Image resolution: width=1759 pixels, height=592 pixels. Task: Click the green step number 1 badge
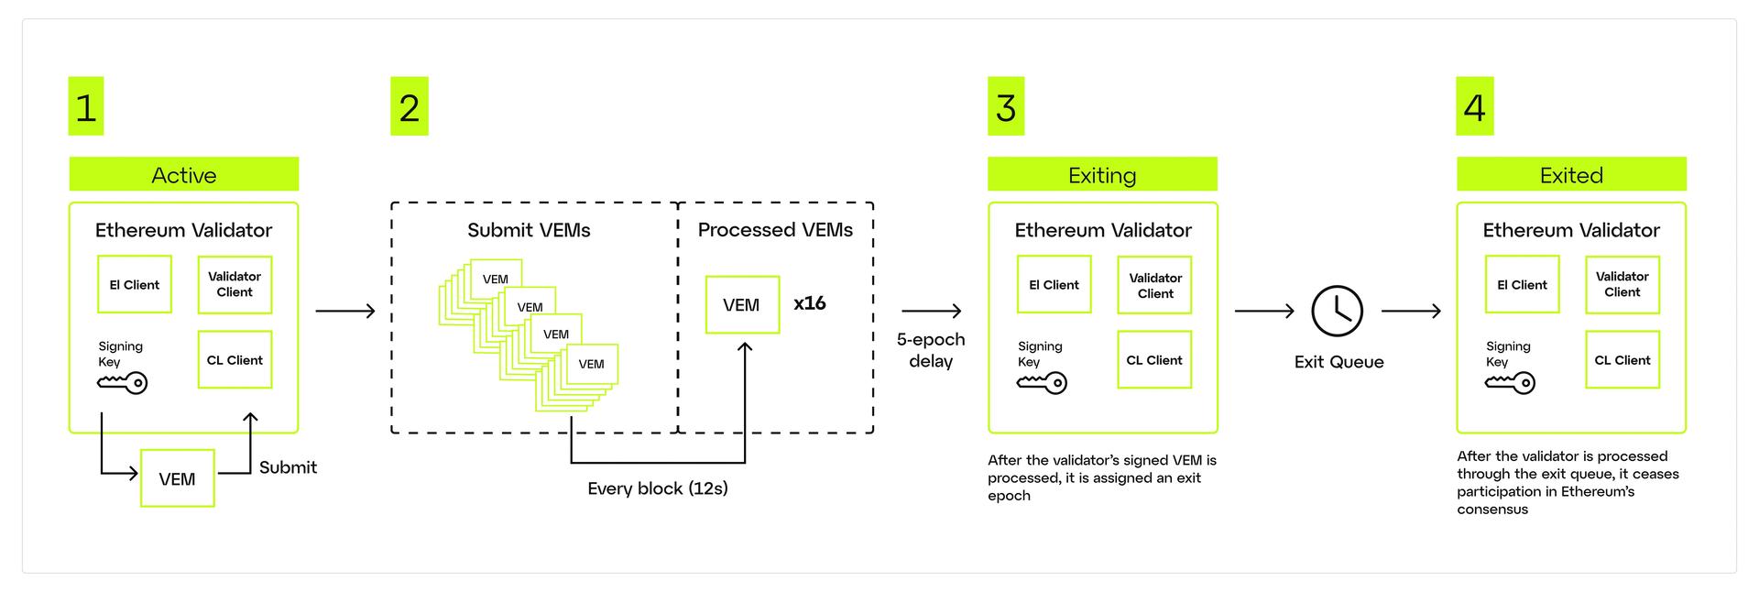[86, 106]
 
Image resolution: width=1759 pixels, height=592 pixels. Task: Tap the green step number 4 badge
[1475, 106]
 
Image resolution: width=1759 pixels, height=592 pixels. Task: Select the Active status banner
[184, 174]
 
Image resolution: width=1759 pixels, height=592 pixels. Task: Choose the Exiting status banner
[1102, 174]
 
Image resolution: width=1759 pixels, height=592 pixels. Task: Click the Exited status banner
[1571, 174]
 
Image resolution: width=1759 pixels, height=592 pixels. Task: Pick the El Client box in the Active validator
[135, 284]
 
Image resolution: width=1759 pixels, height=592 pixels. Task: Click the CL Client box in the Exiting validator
[1154, 360]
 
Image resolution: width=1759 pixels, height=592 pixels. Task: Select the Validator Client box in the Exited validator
[1622, 284]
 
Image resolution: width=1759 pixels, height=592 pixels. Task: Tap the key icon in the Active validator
[123, 383]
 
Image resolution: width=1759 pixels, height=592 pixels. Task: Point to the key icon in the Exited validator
[1510, 383]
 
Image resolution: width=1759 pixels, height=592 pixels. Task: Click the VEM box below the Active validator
[177, 478]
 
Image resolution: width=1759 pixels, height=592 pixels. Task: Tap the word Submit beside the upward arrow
[288, 467]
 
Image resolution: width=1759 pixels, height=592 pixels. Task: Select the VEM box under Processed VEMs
[742, 304]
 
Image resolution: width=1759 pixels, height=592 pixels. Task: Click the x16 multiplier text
[810, 303]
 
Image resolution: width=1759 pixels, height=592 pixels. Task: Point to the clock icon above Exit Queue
[1338, 312]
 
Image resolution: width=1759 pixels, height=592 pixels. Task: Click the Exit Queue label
[1338, 362]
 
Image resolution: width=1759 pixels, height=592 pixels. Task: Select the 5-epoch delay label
[931, 350]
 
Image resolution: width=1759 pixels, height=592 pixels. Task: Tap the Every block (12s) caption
[658, 488]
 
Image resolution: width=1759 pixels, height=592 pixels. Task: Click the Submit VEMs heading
[529, 230]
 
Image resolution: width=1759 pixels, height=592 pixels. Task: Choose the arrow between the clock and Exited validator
[1411, 312]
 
